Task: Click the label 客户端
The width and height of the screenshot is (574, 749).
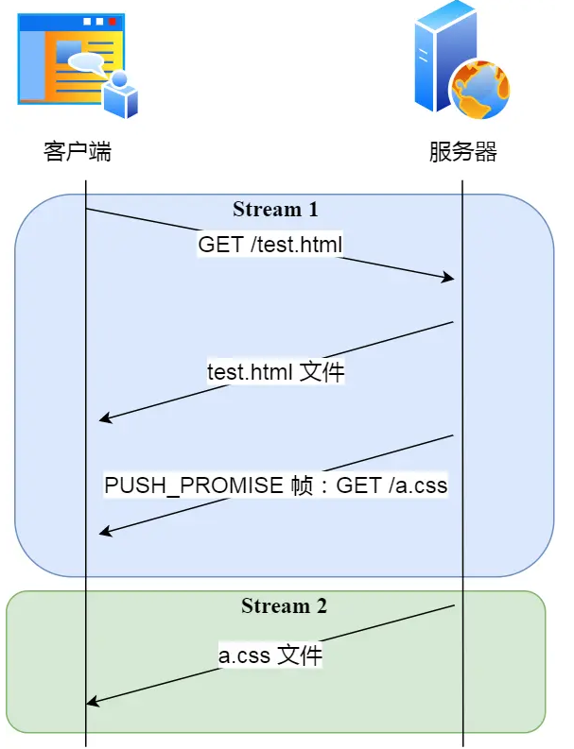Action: click(x=78, y=151)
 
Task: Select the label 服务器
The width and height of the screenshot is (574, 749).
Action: click(x=462, y=151)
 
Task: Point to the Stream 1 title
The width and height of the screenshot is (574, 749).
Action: click(x=275, y=209)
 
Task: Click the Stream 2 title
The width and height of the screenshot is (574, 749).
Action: click(x=284, y=605)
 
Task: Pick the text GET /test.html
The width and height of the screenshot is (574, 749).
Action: click(x=270, y=245)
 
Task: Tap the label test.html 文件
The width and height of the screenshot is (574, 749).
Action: click(x=276, y=372)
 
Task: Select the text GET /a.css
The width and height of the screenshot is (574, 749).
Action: click(x=391, y=485)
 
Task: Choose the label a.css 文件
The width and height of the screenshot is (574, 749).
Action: click(x=270, y=655)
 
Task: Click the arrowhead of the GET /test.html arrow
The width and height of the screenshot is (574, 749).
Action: click(x=450, y=278)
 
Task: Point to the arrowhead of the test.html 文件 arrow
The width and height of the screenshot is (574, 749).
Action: click(x=104, y=419)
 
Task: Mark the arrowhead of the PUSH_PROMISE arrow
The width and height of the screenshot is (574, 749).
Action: click(x=104, y=534)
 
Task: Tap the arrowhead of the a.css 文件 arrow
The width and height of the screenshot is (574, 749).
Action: click(x=92, y=702)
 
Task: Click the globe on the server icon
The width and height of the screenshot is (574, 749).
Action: click(x=481, y=87)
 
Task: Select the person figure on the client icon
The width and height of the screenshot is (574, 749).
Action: click(x=121, y=94)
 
